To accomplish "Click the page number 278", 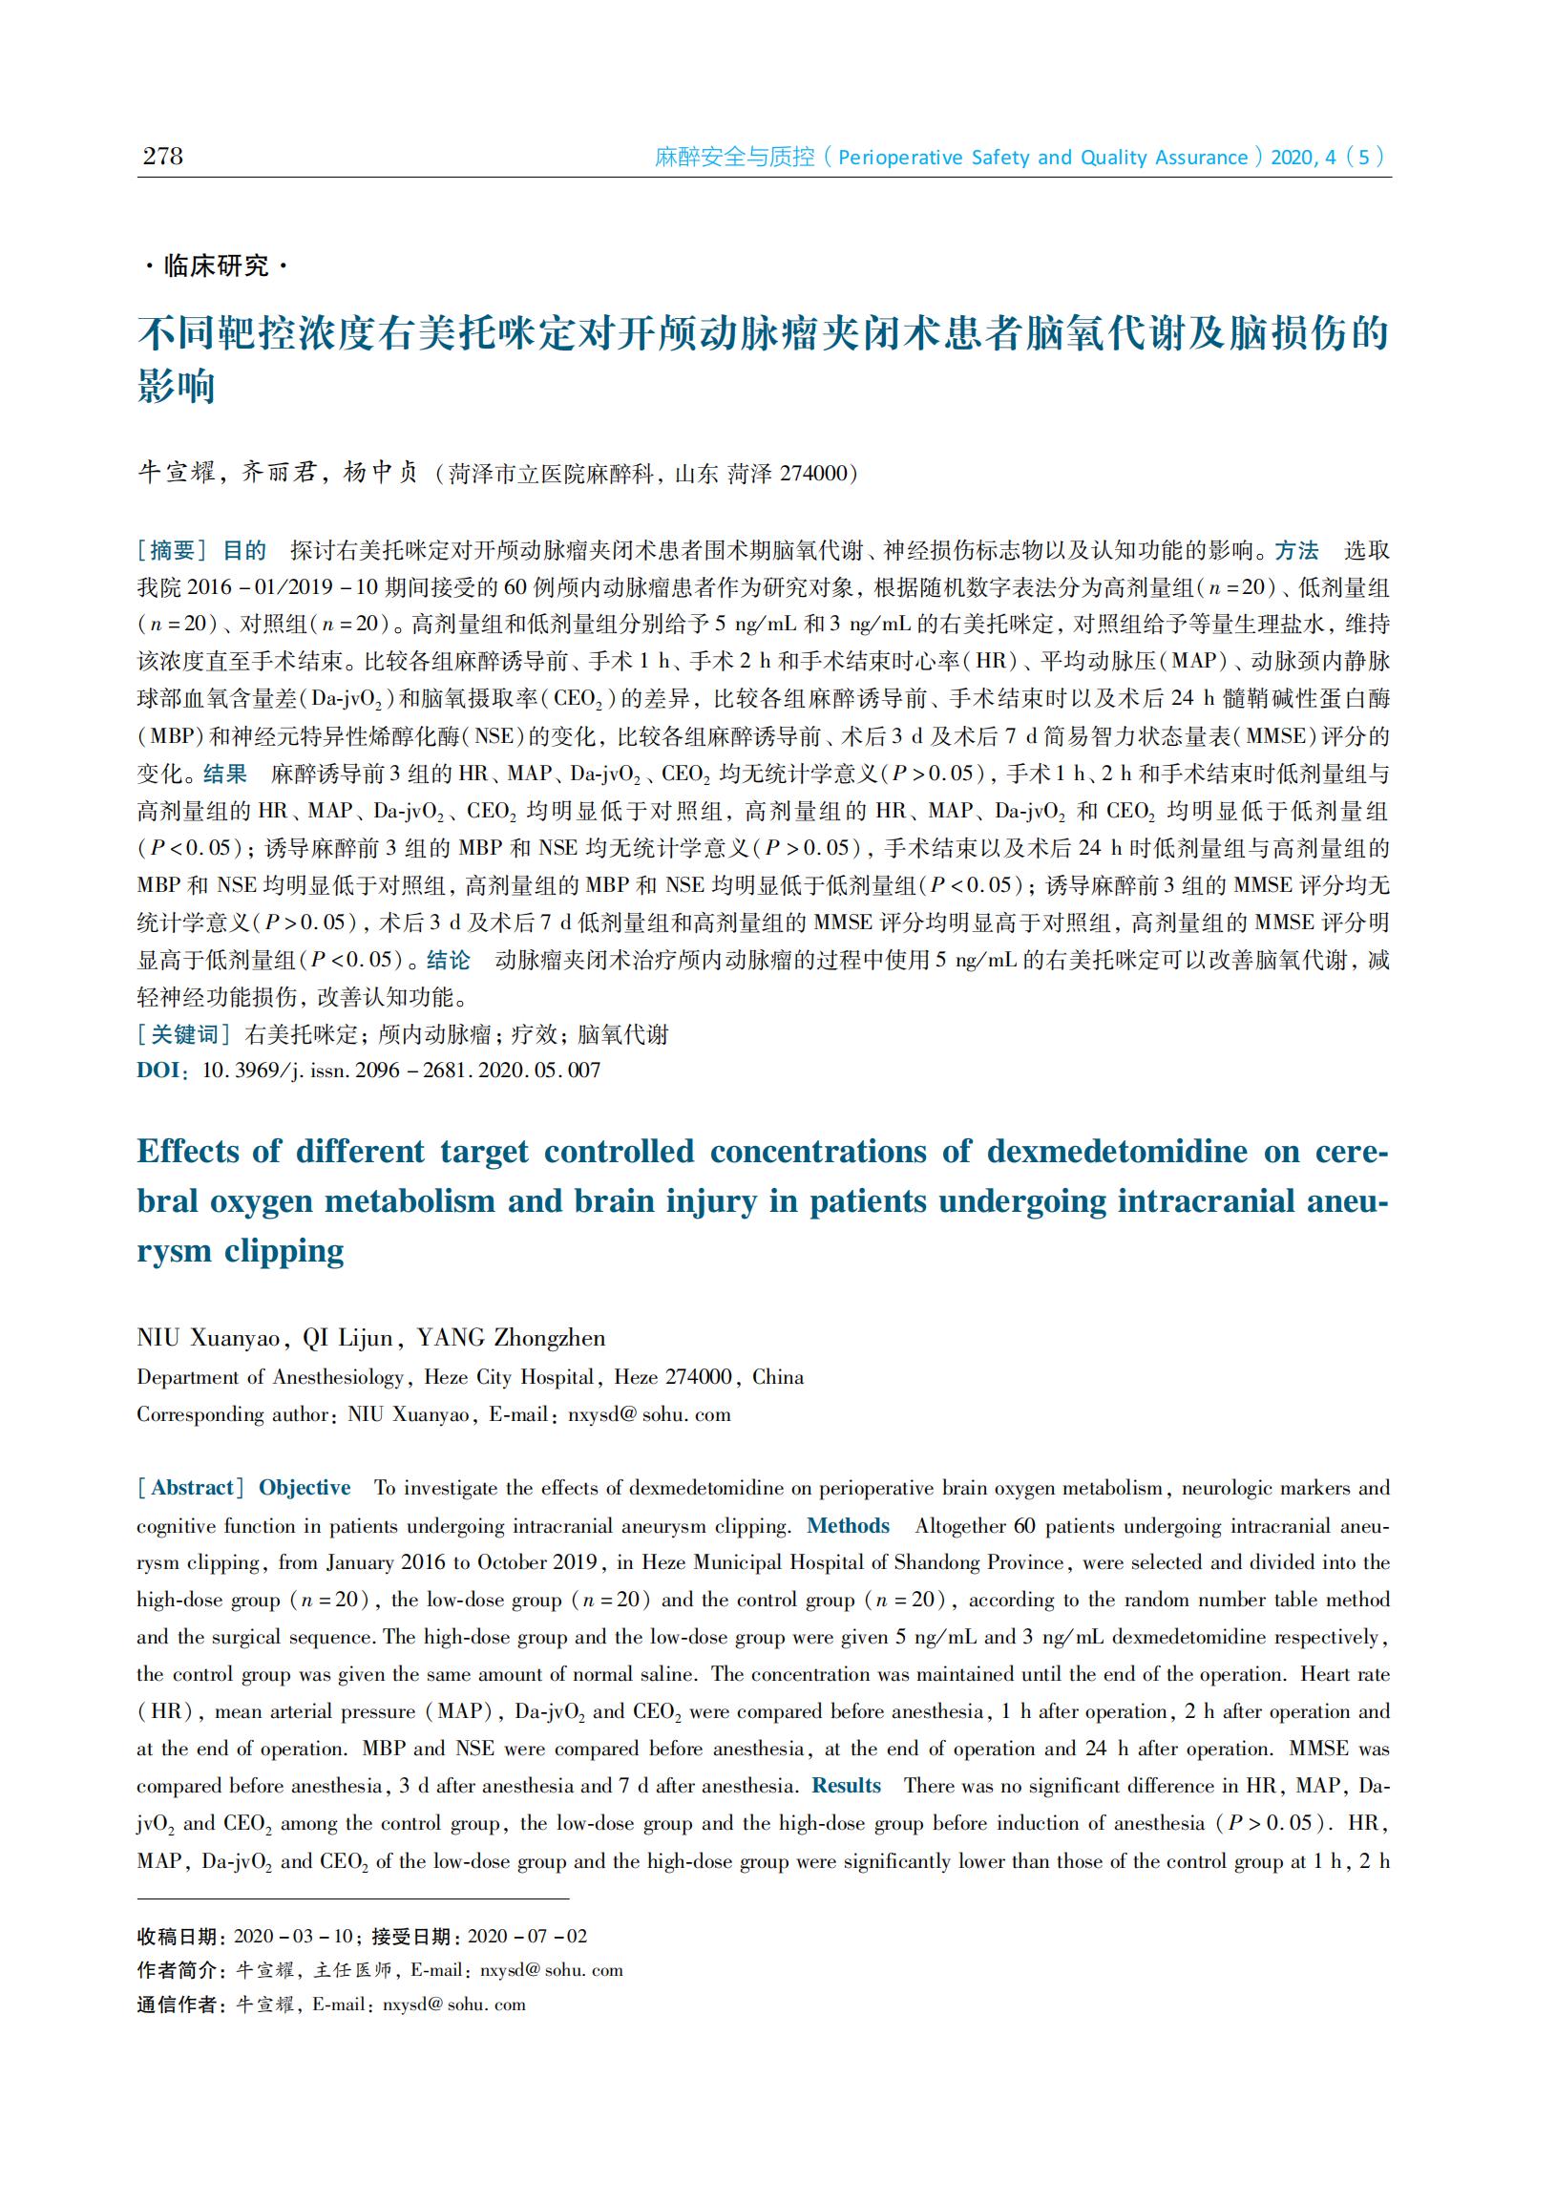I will coord(162,157).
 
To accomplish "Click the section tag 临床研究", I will coord(217,265).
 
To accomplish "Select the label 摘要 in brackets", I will coord(173,550).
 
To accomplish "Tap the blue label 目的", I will coord(244,550).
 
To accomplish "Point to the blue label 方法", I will coord(1296,550).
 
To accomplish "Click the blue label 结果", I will coord(225,774).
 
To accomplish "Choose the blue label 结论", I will coord(449,960).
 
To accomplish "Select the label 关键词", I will coord(184,1034).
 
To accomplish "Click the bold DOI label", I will coord(158,1071).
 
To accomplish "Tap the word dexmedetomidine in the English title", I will coord(1117,1151).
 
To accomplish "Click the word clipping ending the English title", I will coord(284,1251).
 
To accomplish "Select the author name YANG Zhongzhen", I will coord(511,1338).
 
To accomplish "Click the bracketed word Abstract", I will coord(192,1487).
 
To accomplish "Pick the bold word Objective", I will coord(305,1487).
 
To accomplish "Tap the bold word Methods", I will coord(848,1525).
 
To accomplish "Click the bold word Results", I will coord(846,1786).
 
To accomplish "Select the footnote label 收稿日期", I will coord(178,1936).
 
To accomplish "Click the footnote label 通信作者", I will coord(178,2004).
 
